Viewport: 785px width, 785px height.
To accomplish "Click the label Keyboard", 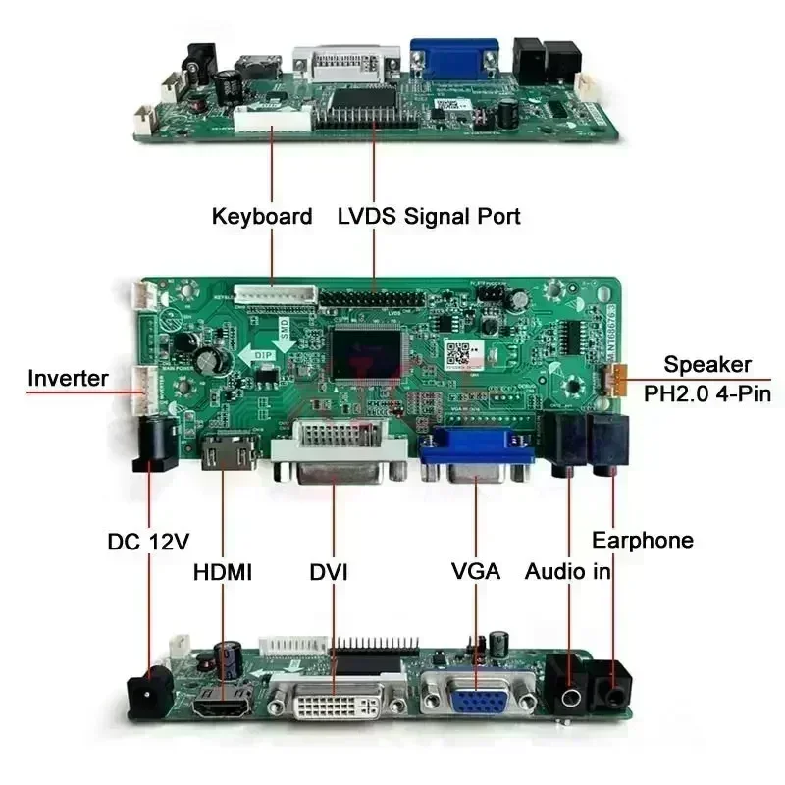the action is point(262,216).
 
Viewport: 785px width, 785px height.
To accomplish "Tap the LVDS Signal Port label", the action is point(429,216).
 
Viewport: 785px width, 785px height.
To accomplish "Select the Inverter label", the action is point(68,378).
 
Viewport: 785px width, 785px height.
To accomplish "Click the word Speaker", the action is point(707,365).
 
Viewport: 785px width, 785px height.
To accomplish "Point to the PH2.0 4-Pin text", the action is point(707,394).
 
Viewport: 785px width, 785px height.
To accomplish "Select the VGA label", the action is point(476,571).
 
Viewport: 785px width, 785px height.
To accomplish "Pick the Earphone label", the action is point(643,540).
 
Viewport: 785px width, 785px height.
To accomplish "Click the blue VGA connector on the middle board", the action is point(477,460).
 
